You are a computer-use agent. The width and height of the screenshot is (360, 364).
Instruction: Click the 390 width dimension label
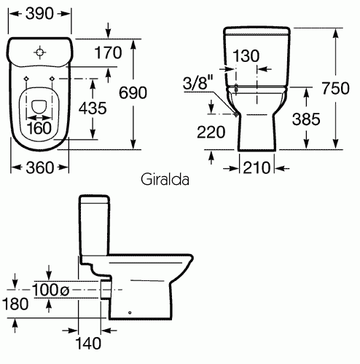click(x=39, y=14)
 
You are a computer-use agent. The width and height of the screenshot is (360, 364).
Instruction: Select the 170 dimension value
click(x=108, y=52)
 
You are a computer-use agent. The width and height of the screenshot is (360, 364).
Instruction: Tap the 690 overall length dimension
click(x=133, y=92)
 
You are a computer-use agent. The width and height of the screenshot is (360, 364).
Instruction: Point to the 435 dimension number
click(x=93, y=108)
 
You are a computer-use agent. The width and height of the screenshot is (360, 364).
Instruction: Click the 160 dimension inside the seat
click(x=39, y=128)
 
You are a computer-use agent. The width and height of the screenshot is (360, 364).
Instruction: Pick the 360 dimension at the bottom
click(x=39, y=167)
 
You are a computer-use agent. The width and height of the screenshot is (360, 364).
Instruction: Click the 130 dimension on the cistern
click(x=246, y=56)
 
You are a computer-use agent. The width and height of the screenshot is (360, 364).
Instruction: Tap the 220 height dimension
click(x=211, y=132)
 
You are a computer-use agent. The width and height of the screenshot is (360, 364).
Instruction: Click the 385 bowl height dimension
click(x=306, y=119)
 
